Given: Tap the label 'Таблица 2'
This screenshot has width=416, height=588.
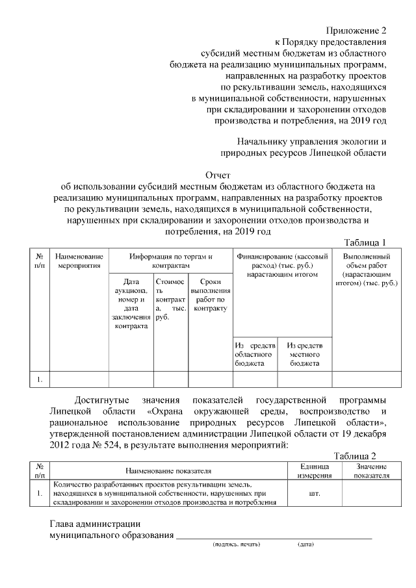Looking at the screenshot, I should [x=355, y=456].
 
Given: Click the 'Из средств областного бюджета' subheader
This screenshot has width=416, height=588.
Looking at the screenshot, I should [x=255, y=355].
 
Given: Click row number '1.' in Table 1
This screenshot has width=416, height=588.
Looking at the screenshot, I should [x=40, y=379].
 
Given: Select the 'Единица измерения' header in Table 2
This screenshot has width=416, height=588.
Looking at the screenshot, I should [x=316, y=471].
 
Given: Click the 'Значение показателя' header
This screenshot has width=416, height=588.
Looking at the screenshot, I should [x=371, y=471].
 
